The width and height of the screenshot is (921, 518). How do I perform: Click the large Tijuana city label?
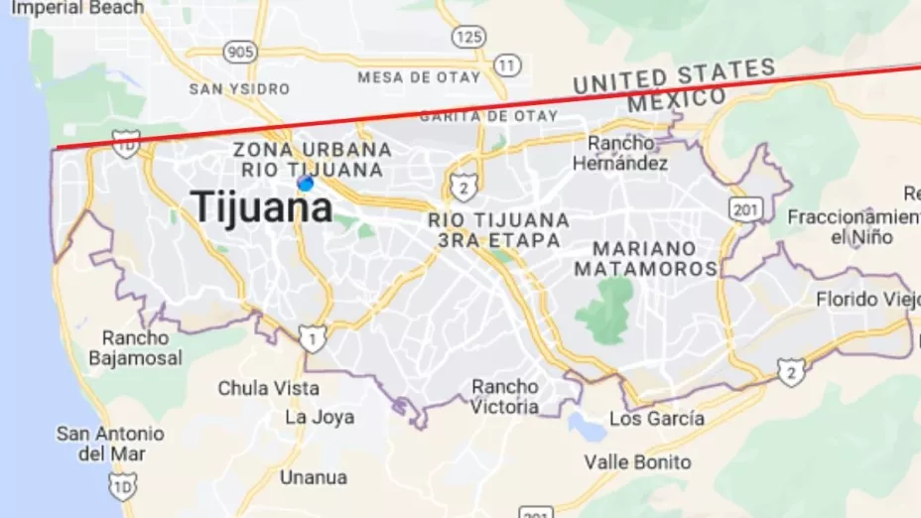[x=262, y=207]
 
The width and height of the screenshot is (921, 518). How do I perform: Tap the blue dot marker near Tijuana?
[x=306, y=184]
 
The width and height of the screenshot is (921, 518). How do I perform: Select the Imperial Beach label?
[x=77, y=8]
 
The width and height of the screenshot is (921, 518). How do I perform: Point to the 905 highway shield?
[x=239, y=52]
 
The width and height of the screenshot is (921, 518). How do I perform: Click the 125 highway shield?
[x=468, y=37]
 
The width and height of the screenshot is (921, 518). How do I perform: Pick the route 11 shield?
[x=507, y=65]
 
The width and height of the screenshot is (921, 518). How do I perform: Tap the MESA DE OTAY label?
[x=419, y=77]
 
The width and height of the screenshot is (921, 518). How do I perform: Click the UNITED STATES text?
[x=674, y=76]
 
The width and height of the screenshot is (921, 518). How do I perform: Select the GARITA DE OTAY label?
[x=488, y=116]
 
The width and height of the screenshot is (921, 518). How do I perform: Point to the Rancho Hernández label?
[x=627, y=153]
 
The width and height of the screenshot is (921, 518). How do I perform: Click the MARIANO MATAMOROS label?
[x=645, y=258]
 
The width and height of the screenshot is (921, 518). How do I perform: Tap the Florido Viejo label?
[x=866, y=299]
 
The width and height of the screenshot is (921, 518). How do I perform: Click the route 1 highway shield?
[x=313, y=340]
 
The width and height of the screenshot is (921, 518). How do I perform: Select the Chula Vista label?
[x=268, y=388]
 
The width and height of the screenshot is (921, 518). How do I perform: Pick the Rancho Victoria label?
[x=505, y=396]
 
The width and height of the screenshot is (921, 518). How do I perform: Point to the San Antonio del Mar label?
[x=109, y=444]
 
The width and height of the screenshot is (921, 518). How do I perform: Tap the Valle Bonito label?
[x=637, y=462]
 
